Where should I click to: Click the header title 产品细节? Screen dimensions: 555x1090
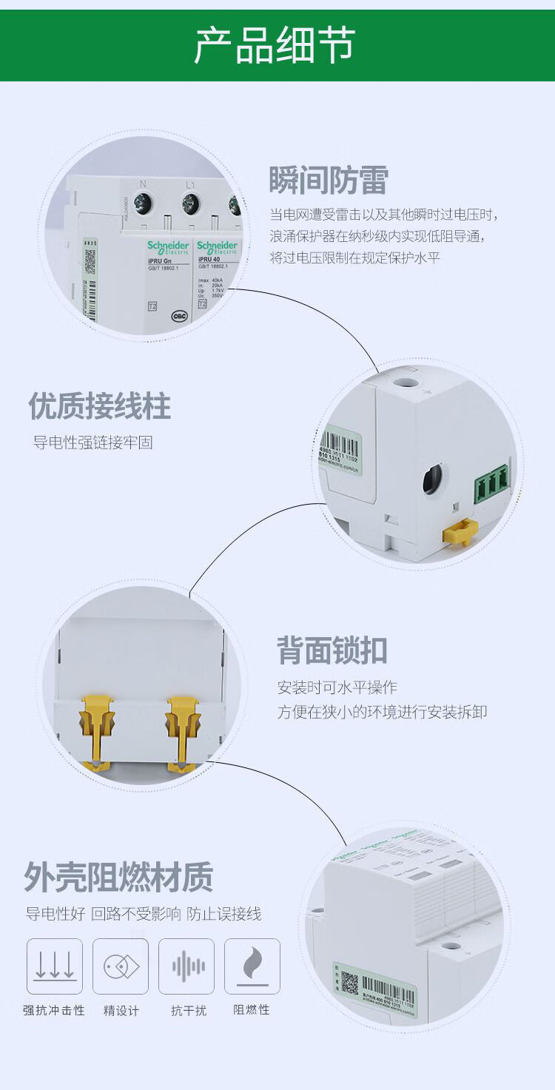[275, 46]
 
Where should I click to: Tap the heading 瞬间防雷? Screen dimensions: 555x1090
[328, 180]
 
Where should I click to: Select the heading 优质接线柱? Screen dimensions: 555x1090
[100, 406]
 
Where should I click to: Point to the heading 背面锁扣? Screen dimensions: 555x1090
[332, 650]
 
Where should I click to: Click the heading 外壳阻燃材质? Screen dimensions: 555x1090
[118, 878]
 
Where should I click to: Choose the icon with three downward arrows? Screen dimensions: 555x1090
[55, 966]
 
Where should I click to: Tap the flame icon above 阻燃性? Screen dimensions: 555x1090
[252, 966]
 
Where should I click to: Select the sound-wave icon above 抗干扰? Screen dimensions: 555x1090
[186, 966]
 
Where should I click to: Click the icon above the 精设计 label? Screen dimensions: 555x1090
[121, 966]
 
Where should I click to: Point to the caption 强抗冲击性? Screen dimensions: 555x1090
[54, 1010]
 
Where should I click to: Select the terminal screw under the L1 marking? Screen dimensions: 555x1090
[191, 202]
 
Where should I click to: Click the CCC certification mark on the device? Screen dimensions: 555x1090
[179, 314]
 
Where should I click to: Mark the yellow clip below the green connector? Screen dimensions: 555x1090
[459, 531]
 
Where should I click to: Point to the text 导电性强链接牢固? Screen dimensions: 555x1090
[93, 443]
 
